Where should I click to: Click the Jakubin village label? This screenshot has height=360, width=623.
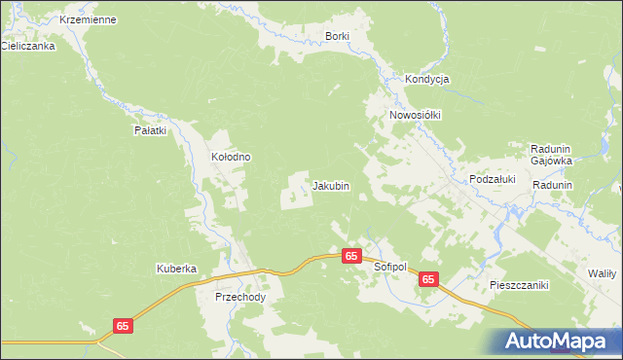click(x=330, y=185)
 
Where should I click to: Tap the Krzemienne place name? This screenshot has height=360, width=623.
click(x=88, y=19)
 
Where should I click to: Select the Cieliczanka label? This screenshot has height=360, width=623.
click(x=27, y=45)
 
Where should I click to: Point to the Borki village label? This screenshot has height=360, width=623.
click(x=336, y=36)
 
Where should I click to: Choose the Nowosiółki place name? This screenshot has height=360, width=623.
click(x=416, y=115)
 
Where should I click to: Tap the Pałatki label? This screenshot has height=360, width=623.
click(x=151, y=129)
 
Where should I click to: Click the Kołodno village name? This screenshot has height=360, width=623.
click(x=232, y=157)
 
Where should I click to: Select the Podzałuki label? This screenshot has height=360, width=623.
click(x=492, y=180)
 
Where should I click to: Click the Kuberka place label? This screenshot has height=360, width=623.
click(x=177, y=269)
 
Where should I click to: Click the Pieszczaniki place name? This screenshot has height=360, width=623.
click(x=519, y=285)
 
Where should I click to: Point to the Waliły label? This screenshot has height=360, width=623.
click(x=601, y=274)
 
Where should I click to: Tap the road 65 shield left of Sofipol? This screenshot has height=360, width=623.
click(x=352, y=255)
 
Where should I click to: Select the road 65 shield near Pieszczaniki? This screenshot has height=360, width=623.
click(x=429, y=279)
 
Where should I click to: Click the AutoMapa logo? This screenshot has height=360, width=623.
click(x=560, y=341)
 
